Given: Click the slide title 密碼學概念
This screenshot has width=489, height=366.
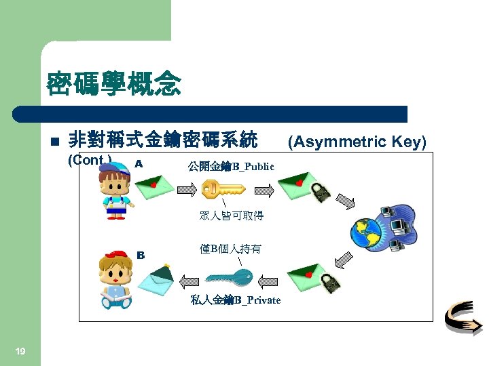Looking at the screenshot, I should click(113, 84).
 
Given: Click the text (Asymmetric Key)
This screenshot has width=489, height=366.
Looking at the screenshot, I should click(357, 142).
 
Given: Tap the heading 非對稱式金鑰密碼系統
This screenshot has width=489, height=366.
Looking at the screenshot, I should click(163, 140).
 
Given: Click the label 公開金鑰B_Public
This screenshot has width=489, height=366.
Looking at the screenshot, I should click(231, 167).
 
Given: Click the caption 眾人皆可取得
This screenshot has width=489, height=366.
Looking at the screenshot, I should click(231, 216).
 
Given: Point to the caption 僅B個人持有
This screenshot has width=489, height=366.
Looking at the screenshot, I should click(230, 249).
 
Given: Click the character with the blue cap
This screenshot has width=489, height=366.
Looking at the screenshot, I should click(116, 190).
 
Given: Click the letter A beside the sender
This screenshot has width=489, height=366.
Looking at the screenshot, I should click(138, 163).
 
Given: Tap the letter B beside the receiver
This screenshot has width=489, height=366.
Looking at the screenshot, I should click(141, 255).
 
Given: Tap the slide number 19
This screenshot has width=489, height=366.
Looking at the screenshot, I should click(20, 350).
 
